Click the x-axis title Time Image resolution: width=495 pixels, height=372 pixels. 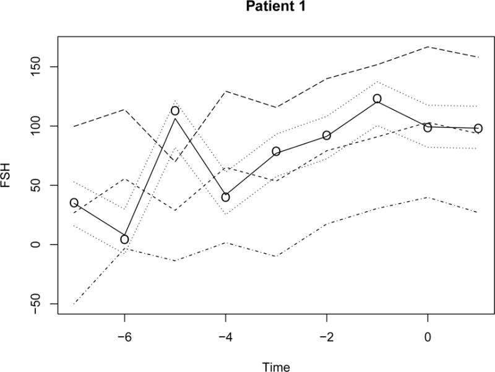[275, 366]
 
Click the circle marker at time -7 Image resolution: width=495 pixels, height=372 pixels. [74, 202]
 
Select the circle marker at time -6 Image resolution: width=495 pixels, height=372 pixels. [124, 240]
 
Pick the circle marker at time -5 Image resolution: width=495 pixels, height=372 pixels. [175, 111]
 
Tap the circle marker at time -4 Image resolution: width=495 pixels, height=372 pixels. [226, 197]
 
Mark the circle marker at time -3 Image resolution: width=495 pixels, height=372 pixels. [276, 151]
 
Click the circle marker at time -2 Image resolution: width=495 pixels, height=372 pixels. [327, 136]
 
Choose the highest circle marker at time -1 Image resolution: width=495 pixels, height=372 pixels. [377, 98]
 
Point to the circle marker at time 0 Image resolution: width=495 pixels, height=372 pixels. [428, 128]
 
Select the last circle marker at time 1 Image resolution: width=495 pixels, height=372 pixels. [478, 129]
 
